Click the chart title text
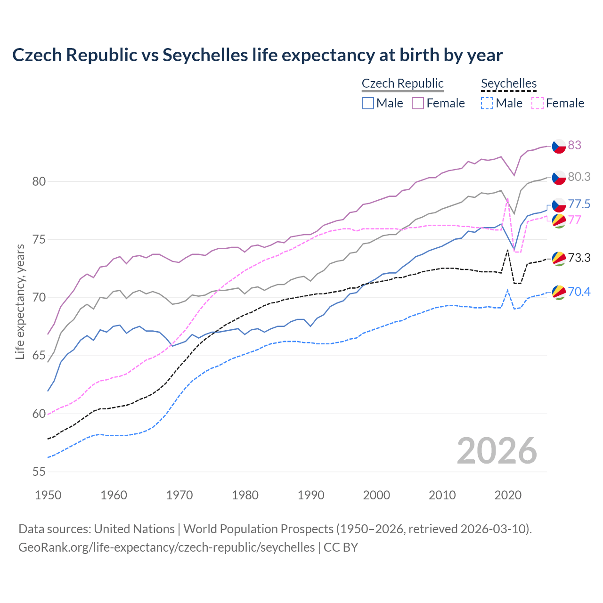click(x=257, y=55)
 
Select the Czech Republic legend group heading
click(x=402, y=83)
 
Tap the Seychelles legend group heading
click(x=509, y=83)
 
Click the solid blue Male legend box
click(x=368, y=103)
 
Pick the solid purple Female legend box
click(x=418, y=103)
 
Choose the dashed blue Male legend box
click(x=487, y=103)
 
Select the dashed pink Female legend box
click(x=538, y=103)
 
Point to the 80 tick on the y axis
click(x=39, y=181)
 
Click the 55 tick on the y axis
click(x=39, y=472)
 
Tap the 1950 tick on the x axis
click(x=48, y=495)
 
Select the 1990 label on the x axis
click(x=311, y=495)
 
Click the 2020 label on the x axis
click(x=508, y=495)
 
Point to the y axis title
click(x=20, y=301)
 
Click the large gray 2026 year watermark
click(x=497, y=451)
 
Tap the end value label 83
click(x=574, y=145)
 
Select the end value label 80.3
click(x=579, y=177)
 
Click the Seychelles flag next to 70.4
click(x=559, y=292)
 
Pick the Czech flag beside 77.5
click(x=559, y=205)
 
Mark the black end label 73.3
click(x=579, y=258)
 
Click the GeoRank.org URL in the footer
click(x=166, y=547)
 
